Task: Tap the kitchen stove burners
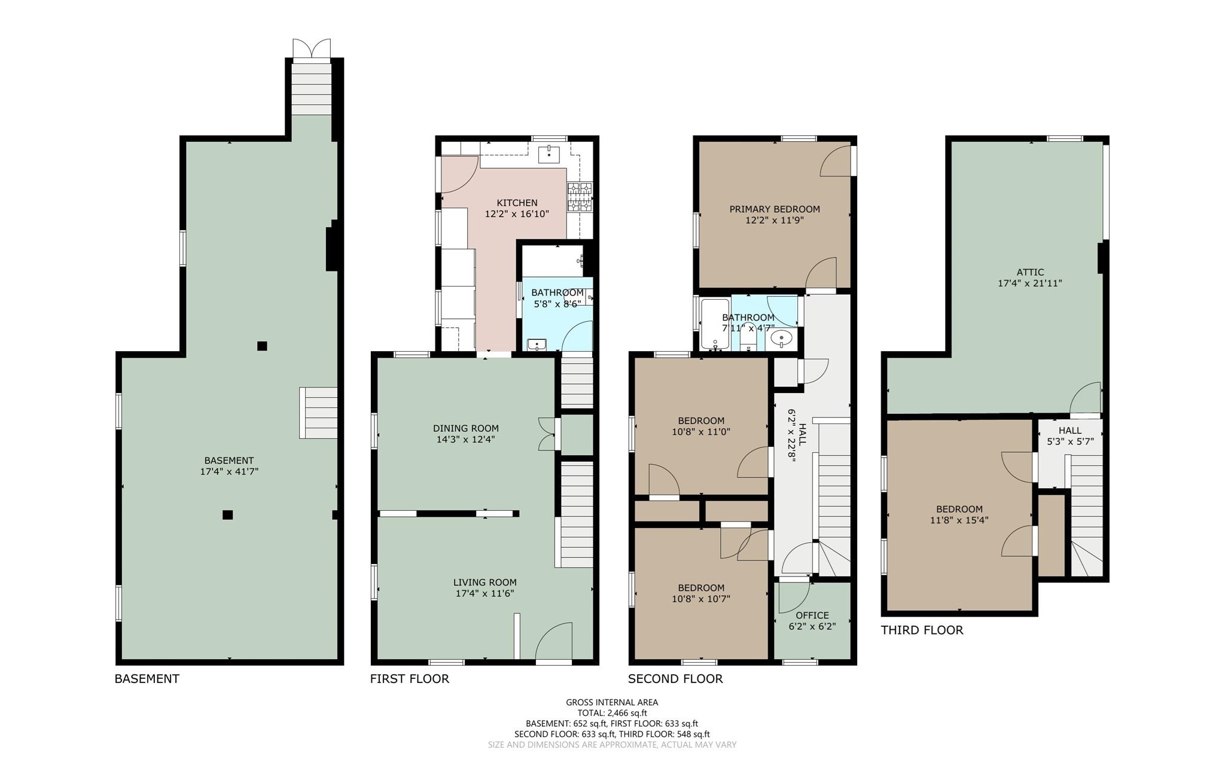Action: click(579, 197)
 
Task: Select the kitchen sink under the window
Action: click(548, 154)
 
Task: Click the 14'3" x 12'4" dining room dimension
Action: click(465, 439)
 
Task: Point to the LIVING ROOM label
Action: click(484, 582)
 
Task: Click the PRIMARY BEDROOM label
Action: click(774, 209)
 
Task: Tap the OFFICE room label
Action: click(812, 615)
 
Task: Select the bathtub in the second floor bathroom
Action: click(715, 324)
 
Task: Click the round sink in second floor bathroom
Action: click(781, 339)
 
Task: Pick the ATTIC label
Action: click(1029, 272)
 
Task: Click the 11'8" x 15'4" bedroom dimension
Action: click(959, 520)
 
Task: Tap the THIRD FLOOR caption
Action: click(922, 630)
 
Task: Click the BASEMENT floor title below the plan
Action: click(147, 678)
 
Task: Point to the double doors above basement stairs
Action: click(311, 48)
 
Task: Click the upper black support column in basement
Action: click(262, 346)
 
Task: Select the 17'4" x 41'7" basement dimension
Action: click(229, 471)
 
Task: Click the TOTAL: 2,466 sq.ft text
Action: click(612, 712)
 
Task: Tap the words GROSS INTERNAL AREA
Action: click(612, 702)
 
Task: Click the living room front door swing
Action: click(554, 641)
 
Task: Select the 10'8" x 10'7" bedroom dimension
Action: click(701, 599)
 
